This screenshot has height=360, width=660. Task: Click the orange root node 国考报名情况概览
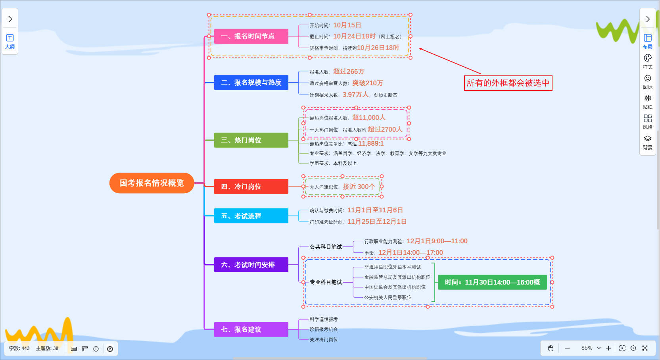tap(152, 183)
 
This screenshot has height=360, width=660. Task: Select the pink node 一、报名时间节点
tap(251, 36)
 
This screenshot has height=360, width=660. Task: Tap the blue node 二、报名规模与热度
tap(251, 83)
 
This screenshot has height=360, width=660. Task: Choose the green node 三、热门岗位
tap(251, 140)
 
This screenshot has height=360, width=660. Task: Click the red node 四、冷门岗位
tap(251, 187)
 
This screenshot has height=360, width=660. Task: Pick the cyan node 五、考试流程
tap(251, 216)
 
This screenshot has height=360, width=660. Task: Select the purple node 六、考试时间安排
tap(251, 265)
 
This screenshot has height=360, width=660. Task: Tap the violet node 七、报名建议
tap(251, 329)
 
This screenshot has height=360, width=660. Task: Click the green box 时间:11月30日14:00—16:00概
tap(492, 282)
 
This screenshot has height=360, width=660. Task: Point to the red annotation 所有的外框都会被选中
tap(508, 83)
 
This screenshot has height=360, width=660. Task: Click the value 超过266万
tap(349, 71)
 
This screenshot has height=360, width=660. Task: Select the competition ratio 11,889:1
tap(371, 144)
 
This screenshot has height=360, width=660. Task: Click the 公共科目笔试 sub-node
tap(326, 247)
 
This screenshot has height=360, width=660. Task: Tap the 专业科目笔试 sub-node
tap(326, 282)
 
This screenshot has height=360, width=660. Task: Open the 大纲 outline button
tap(10, 41)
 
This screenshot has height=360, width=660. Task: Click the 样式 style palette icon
tap(648, 61)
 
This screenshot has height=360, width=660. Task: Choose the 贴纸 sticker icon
tap(648, 101)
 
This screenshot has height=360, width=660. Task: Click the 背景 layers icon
tap(648, 142)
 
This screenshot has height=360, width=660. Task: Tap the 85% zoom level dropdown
tap(591, 348)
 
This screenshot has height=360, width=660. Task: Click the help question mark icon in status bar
tap(110, 349)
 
